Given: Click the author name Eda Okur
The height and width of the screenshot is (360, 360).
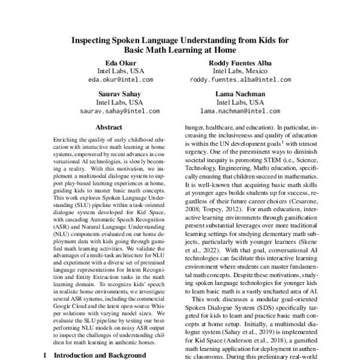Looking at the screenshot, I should (x=120, y=62).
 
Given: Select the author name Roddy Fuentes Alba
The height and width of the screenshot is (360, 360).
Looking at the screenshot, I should (x=240, y=62).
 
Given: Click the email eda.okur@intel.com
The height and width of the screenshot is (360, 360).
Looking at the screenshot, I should (x=120, y=79).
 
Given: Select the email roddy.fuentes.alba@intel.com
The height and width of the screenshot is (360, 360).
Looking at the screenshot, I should (x=240, y=79).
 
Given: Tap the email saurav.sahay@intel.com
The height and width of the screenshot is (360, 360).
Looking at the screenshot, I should (x=120, y=111).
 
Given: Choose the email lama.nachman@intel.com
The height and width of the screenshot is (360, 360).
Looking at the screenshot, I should (x=240, y=111).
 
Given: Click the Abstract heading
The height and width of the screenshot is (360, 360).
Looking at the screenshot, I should (x=109, y=127).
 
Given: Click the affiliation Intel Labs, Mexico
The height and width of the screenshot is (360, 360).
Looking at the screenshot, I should (x=240, y=71).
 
